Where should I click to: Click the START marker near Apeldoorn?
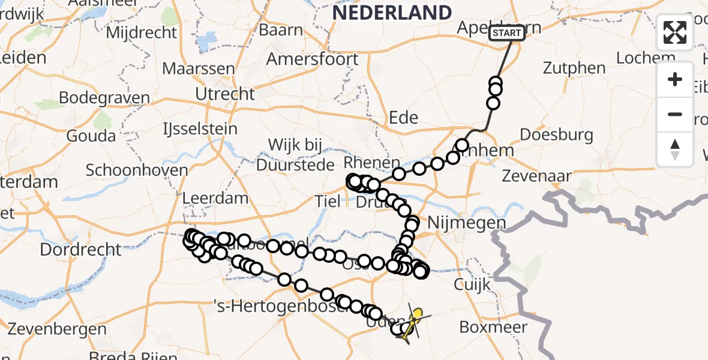(507, 33)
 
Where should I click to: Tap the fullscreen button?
(675, 32)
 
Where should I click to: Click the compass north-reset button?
(675, 149)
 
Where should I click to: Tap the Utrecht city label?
(225, 94)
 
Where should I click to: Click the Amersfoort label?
(312, 59)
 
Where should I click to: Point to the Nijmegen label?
(466, 223)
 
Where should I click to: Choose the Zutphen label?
(574, 68)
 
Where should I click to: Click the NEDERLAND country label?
(391, 12)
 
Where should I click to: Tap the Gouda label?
(91, 136)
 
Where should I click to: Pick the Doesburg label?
(556, 134)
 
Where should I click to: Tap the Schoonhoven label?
(137, 170)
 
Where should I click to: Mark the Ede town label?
(403, 117)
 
